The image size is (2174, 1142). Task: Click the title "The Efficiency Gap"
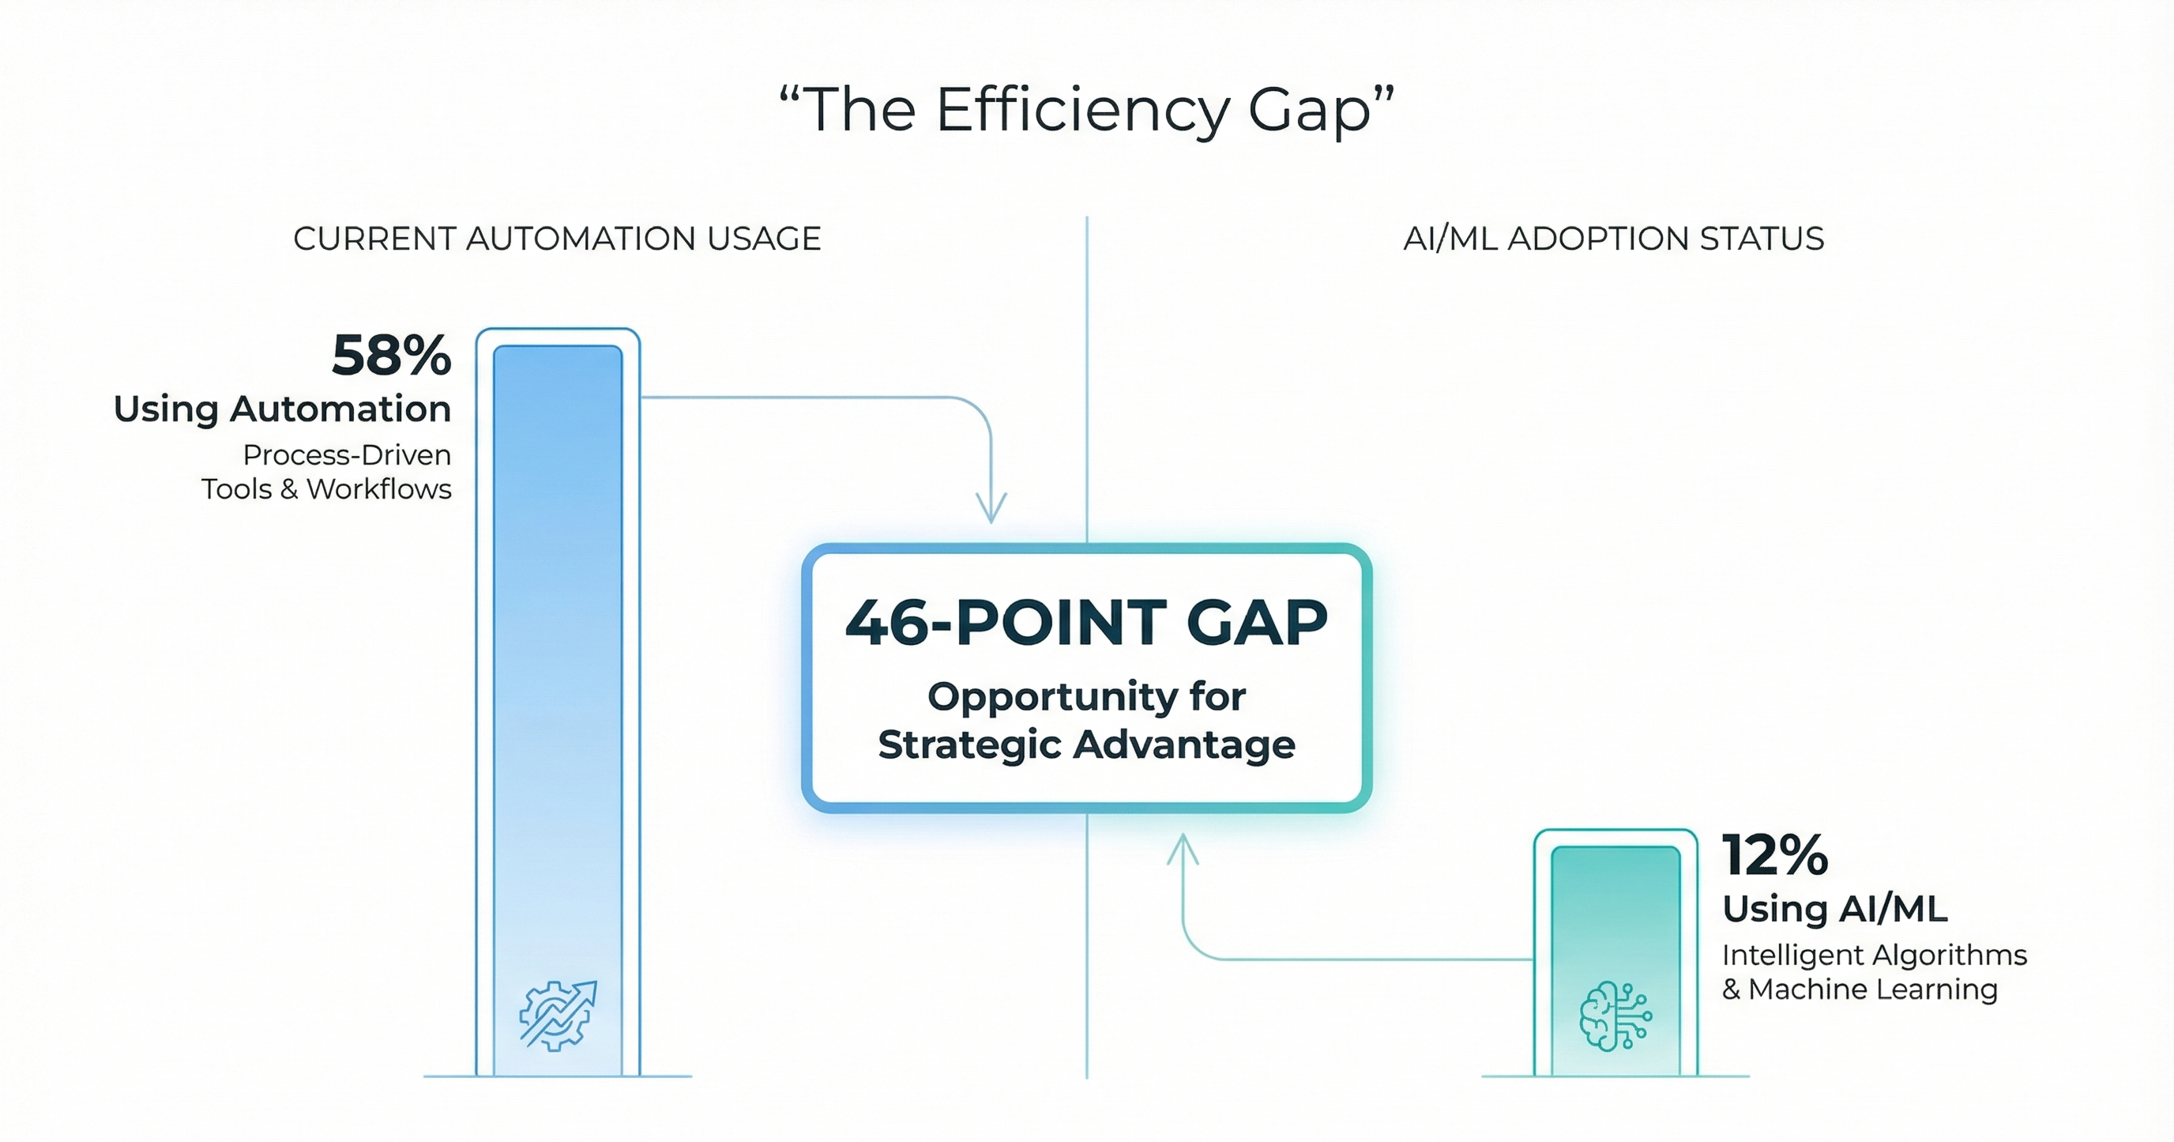[1086, 110]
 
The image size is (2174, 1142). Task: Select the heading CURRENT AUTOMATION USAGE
[557, 239]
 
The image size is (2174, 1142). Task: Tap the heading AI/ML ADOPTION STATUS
[1613, 239]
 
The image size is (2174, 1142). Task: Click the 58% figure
[392, 356]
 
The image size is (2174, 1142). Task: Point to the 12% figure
[1775, 855]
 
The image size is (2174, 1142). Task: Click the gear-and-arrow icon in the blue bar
[558, 1015]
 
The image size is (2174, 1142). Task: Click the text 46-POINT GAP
[1086, 623]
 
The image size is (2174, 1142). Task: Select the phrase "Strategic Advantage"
[1086, 744]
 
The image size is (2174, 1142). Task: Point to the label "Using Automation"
[283, 409]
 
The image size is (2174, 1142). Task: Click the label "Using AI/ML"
[1835, 908]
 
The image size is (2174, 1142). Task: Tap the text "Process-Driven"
[347, 455]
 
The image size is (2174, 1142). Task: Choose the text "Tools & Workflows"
[325, 488]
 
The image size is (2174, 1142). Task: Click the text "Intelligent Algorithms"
[1875, 955]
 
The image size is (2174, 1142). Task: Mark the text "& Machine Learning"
[1860, 989]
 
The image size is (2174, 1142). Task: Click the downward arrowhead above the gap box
[991, 509]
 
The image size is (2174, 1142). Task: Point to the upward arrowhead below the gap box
[1183, 848]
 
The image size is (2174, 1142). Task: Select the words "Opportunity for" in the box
[1086, 697]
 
